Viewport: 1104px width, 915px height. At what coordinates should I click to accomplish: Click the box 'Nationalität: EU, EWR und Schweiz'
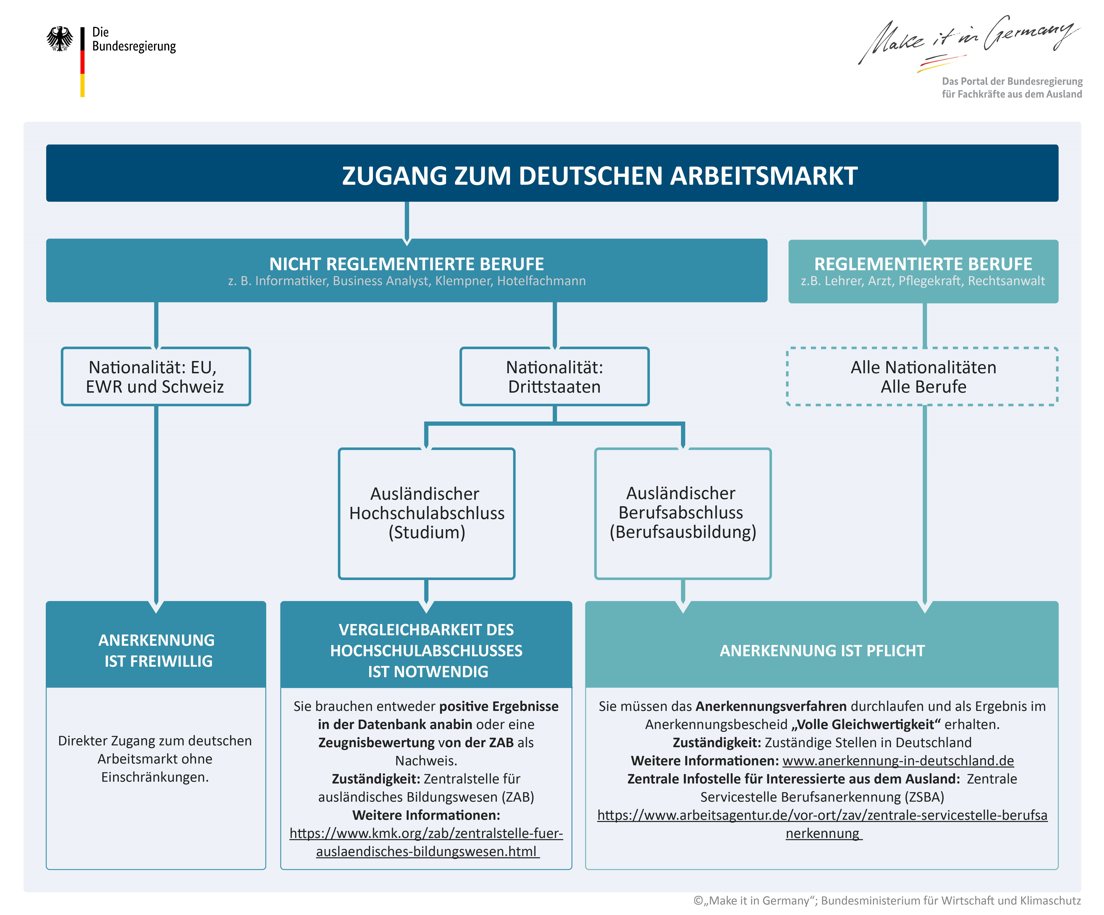156,376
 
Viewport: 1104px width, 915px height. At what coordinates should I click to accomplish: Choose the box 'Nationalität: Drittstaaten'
555,376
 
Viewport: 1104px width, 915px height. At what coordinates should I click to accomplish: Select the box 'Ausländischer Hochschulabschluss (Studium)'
426,513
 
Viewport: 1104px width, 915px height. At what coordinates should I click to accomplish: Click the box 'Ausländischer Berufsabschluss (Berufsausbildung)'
683,513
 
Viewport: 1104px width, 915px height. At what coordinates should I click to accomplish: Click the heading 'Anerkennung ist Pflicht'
822,651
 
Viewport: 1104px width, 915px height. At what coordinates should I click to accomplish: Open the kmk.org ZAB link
426,842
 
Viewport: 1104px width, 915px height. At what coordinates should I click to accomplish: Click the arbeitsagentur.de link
822,824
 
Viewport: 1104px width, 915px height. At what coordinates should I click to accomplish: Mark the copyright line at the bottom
887,900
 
